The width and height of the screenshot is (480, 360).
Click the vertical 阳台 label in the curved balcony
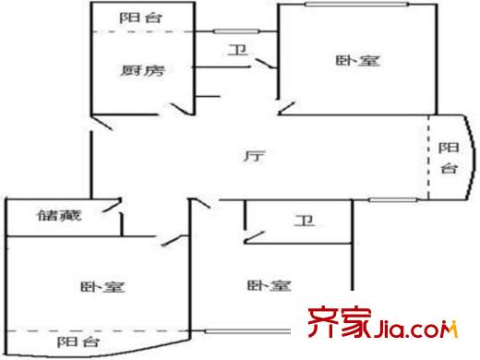[x=447, y=158]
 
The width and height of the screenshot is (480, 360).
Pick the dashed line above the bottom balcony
[x=92, y=330]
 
